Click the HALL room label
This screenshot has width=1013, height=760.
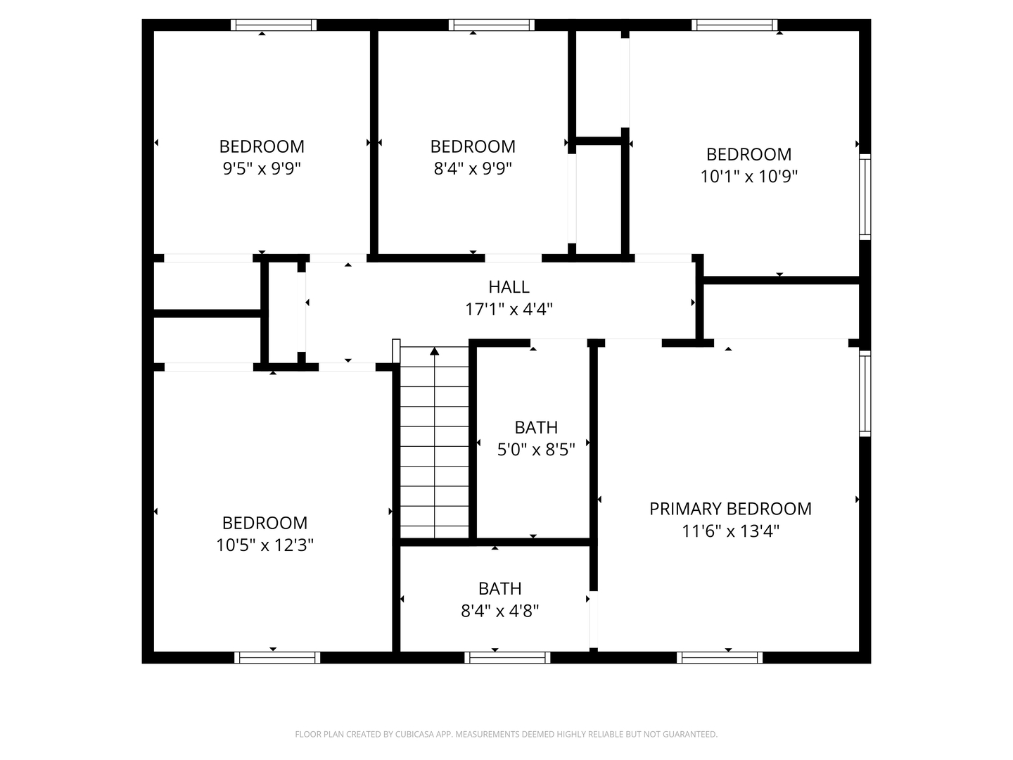(509, 287)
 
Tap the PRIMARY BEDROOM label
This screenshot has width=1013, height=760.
(730, 509)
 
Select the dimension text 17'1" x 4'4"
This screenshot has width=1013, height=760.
(509, 309)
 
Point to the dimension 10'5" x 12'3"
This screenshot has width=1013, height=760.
(265, 545)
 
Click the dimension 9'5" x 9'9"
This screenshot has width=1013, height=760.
(262, 168)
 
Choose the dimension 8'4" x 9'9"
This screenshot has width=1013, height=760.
(473, 168)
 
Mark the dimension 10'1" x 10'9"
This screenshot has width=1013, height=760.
(748, 176)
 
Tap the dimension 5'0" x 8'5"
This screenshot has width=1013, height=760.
(536, 449)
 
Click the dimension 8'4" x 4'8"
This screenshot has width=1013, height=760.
(499, 610)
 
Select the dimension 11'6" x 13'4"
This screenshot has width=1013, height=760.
(730, 531)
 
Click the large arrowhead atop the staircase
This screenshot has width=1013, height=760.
(435, 350)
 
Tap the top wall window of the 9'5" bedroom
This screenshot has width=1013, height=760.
(274, 25)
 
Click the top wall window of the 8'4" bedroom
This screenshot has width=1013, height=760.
(491, 25)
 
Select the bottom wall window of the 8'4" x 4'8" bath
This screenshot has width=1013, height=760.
(507, 658)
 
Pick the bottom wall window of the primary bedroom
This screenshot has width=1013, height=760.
(720, 658)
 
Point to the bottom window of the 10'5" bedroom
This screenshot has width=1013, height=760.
(277, 658)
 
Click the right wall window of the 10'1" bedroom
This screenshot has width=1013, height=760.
(865, 197)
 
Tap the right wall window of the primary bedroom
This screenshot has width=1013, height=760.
(865, 394)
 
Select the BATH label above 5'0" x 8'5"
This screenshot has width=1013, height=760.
(536, 427)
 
